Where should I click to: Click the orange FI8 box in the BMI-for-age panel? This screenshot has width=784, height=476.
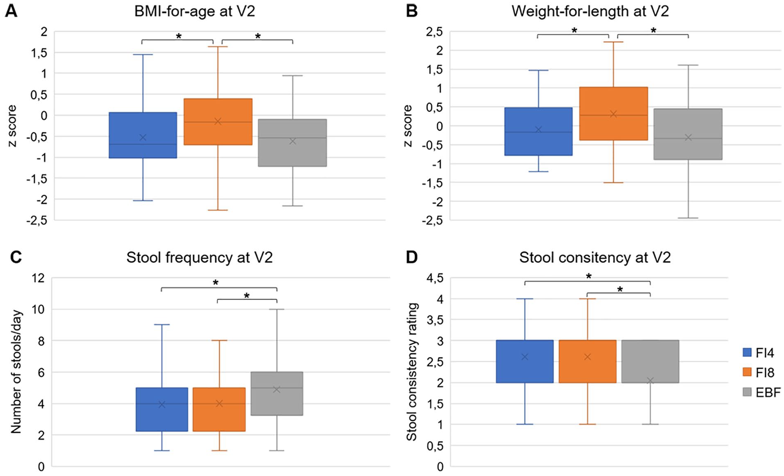[218, 122]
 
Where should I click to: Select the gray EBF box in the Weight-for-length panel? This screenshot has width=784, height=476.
[688, 134]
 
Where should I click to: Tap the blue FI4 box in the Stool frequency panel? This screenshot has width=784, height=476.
[162, 409]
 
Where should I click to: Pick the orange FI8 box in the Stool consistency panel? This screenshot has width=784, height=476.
[587, 361]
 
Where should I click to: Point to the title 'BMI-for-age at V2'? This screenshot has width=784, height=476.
[195, 11]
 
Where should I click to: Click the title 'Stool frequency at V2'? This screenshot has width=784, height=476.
[199, 258]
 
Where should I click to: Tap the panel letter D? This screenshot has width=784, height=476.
[412, 258]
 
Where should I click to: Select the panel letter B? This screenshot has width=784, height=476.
[412, 11]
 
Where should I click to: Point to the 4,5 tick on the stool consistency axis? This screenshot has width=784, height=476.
[435, 278]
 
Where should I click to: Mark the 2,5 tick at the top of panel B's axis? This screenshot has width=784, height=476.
[435, 32]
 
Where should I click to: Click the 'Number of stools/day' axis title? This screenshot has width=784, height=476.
[16, 372]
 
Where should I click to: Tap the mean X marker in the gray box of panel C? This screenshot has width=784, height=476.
[277, 389]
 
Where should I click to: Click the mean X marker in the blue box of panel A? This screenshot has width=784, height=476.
[143, 137]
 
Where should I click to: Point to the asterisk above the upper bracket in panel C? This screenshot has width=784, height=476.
[215, 283]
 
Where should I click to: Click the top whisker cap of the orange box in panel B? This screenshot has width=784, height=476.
[613, 42]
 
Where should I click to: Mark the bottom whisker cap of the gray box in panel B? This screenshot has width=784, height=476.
[688, 218]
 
